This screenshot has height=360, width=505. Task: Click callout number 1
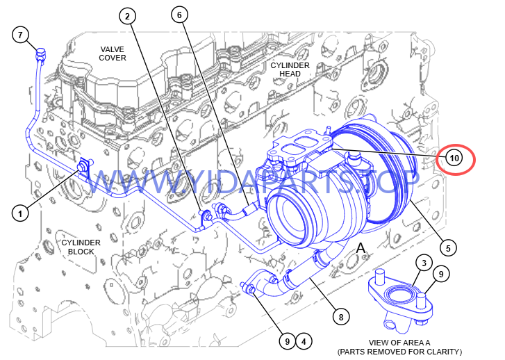click(20, 213)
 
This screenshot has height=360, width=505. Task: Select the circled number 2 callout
click(128, 16)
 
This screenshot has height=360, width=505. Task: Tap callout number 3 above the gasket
click(424, 263)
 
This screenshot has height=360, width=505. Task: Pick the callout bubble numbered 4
click(304, 341)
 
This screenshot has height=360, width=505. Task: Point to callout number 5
click(448, 248)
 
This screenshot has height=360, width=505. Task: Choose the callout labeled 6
click(179, 15)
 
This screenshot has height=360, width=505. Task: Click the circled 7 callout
click(21, 35)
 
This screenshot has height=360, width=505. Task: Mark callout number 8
click(341, 317)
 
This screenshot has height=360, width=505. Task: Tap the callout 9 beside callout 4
click(288, 341)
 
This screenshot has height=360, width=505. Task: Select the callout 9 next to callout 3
click(441, 274)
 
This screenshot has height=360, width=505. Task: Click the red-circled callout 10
click(454, 158)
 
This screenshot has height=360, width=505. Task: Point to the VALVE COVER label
click(113, 54)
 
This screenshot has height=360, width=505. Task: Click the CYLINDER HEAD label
click(290, 69)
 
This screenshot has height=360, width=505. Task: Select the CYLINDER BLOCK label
click(81, 247)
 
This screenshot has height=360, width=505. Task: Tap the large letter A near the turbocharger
click(361, 248)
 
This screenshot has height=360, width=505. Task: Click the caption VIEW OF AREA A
click(399, 343)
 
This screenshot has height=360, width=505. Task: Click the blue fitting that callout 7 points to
click(41, 54)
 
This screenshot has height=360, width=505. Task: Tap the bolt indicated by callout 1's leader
click(82, 167)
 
